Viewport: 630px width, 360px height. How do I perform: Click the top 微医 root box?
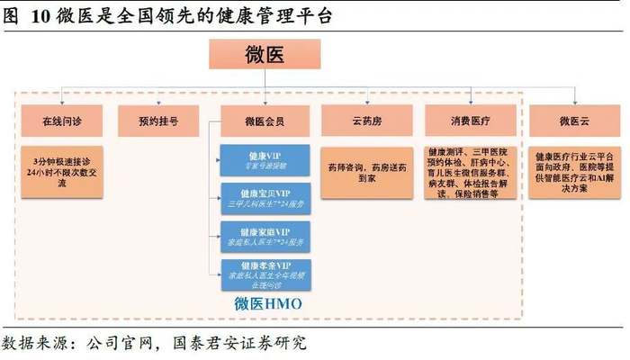click(265, 55)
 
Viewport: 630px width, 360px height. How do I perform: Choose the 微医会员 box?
click(265, 121)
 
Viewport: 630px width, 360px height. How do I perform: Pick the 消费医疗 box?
click(470, 121)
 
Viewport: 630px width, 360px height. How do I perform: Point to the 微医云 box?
click(572, 121)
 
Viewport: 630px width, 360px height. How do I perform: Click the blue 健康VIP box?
click(265, 159)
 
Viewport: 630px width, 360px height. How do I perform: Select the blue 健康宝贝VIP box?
click(265, 198)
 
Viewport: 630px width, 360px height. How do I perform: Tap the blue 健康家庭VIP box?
click(265, 237)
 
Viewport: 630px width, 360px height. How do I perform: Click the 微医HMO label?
click(267, 304)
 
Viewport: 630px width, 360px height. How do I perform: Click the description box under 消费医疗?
click(470, 173)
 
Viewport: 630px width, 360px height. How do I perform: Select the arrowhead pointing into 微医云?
click(572, 100)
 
